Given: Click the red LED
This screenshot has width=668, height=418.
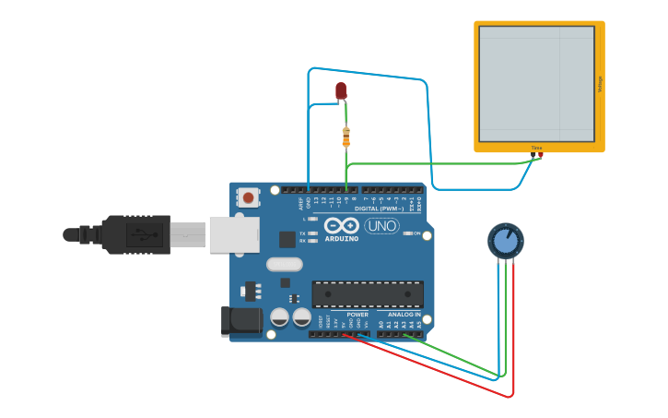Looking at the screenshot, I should (341, 90).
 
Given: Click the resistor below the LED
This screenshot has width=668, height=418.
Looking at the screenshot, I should (346, 137).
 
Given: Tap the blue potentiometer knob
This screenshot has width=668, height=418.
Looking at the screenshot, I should (505, 241).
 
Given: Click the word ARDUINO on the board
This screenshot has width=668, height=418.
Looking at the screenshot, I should (341, 239).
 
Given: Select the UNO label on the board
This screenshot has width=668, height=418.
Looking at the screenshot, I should (381, 226).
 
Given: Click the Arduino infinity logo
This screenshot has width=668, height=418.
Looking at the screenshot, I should (341, 226).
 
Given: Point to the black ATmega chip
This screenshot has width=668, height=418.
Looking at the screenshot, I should (368, 294).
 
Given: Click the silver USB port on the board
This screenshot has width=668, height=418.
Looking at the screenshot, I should (234, 234).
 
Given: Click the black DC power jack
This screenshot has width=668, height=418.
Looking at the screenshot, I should (236, 321).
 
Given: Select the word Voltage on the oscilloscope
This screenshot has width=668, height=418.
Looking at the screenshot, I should (601, 84).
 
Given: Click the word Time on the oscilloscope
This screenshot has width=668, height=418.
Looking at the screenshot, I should (536, 148).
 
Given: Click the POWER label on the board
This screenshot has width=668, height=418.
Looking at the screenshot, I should (357, 315).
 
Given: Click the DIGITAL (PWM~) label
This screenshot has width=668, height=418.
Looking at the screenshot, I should (385, 209).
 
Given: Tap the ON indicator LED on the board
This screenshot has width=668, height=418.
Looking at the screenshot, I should (406, 233).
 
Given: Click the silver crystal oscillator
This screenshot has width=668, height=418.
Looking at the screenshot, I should (285, 264).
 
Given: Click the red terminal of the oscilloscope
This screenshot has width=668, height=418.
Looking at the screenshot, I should (540, 155).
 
